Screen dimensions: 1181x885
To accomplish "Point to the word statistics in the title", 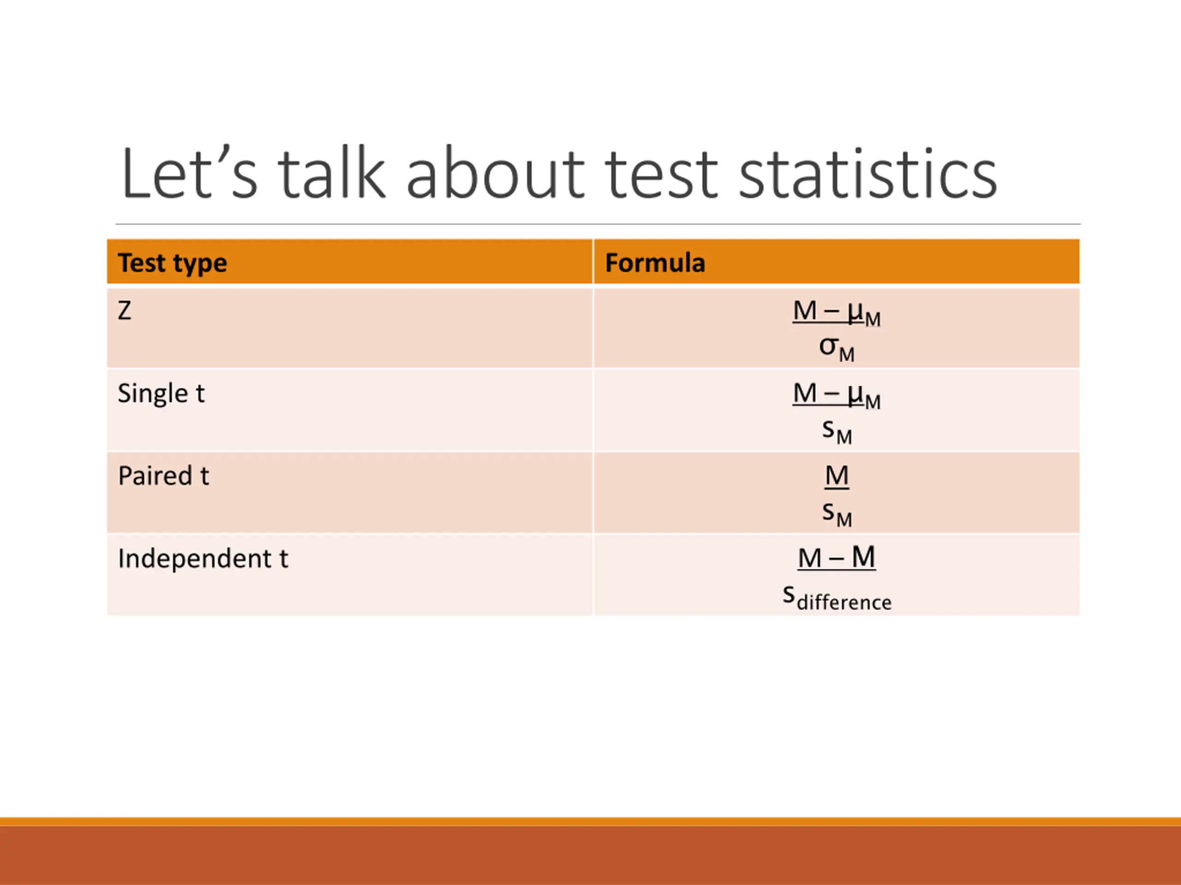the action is (x=868, y=173).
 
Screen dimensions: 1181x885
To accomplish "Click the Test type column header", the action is (x=173, y=263).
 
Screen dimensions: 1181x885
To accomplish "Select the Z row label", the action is (x=125, y=311).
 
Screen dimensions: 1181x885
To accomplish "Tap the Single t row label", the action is (x=161, y=394).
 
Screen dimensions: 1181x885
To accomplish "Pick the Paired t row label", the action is (x=163, y=476).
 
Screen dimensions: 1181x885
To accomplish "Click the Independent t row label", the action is (x=203, y=559).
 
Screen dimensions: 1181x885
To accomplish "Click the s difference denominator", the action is (x=837, y=597).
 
